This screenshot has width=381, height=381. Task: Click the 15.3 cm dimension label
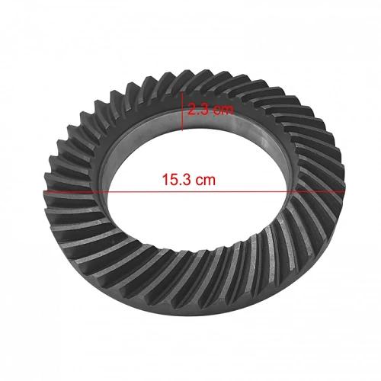[189, 179]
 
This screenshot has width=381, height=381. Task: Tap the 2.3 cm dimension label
[210, 110]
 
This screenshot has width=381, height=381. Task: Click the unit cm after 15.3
[207, 181]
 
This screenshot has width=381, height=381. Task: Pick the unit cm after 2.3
[223, 110]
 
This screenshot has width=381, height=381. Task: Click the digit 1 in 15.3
[165, 179]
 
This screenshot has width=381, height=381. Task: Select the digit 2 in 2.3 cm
[192, 110]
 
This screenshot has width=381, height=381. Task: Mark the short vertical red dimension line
[182, 111]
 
